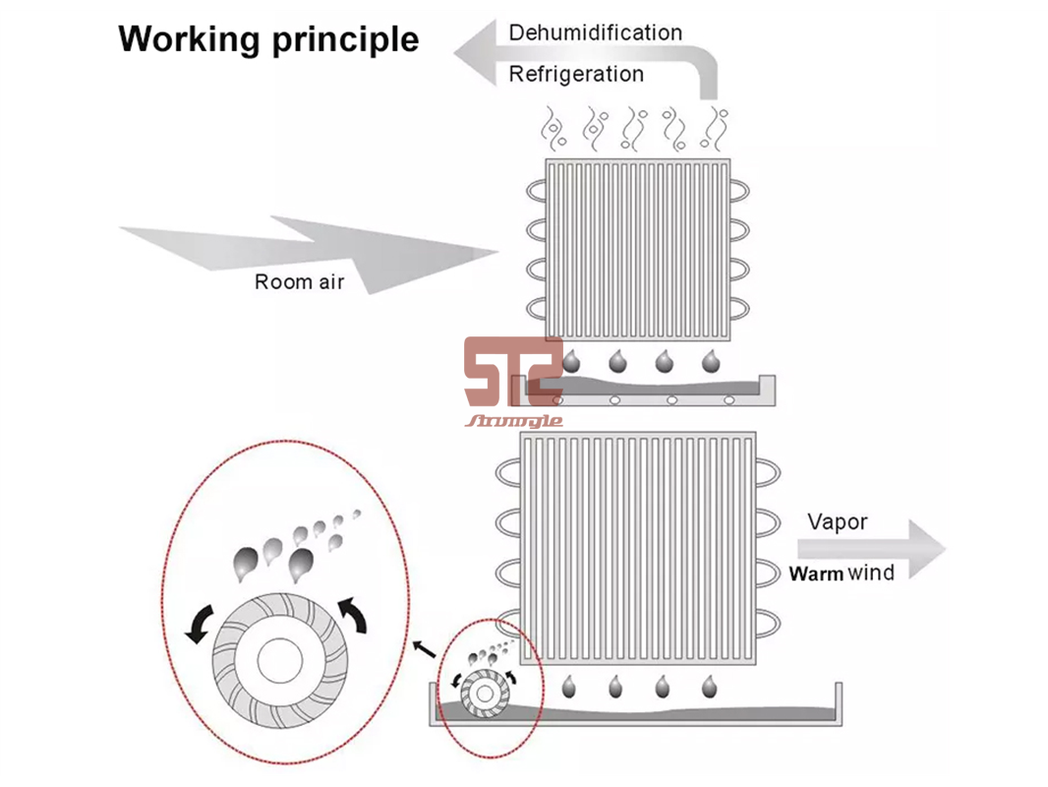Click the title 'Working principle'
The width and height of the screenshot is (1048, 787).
click(268, 39)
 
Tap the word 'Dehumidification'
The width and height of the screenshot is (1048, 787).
click(595, 32)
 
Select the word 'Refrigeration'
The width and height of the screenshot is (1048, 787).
click(576, 74)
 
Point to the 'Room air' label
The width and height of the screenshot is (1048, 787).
click(300, 282)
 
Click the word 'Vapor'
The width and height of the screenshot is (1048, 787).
click(838, 522)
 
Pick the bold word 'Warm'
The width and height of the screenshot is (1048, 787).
click(816, 574)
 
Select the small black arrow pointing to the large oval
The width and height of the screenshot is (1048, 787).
click(425, 649)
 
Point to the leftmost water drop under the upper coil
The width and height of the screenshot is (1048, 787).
click(572, 361)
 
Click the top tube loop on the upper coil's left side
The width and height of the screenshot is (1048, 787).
click(537, 191)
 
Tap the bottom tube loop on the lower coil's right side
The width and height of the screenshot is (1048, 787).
click(771, 624)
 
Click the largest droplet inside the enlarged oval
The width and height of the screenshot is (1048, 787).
click(301, 562)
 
